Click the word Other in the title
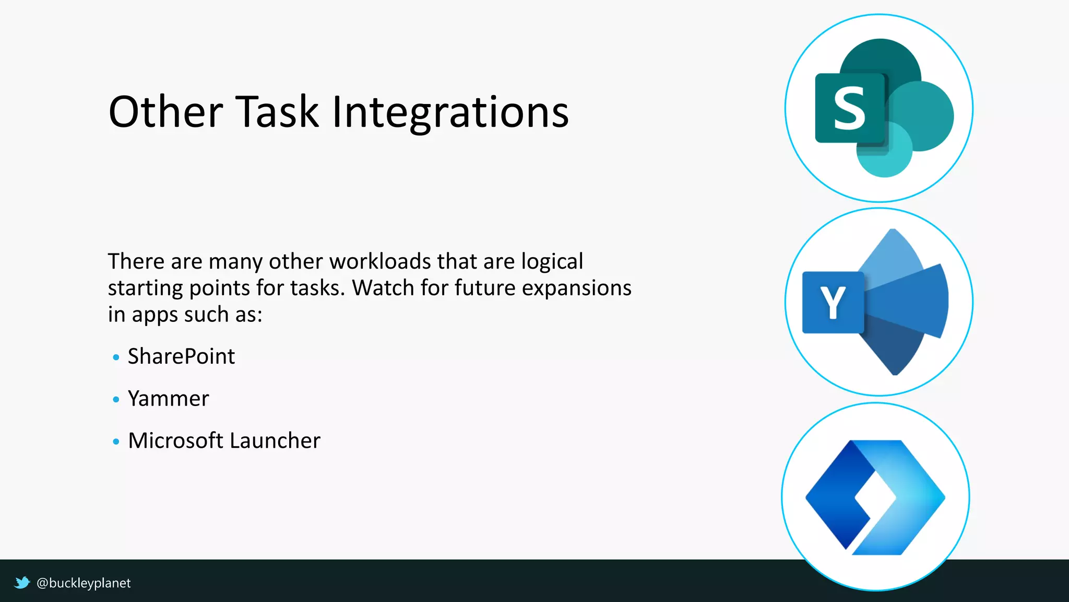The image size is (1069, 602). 165,112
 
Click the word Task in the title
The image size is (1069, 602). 277,112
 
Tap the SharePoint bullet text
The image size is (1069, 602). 181,357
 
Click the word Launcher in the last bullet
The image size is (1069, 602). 275,441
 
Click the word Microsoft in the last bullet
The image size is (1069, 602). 175,441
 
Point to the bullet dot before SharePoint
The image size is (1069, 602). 116,358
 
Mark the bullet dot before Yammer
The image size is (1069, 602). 116,400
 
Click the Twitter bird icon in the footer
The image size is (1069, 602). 22,583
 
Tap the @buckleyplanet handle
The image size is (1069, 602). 84,583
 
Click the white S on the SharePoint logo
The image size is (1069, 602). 849,108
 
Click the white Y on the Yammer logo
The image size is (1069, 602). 833,303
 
